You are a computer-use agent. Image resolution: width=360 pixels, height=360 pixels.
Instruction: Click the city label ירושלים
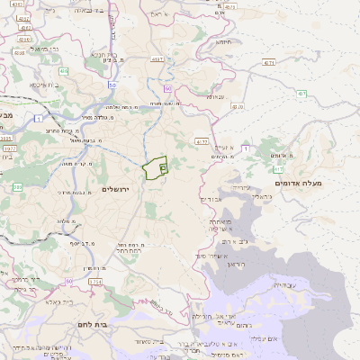tap(116, 189)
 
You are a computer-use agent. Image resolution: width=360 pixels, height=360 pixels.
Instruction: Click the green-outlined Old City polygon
tap(155, 167)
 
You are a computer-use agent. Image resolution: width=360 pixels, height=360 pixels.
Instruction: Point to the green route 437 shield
tap(302, 94)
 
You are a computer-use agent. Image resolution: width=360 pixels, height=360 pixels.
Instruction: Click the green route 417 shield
tap(278, 168)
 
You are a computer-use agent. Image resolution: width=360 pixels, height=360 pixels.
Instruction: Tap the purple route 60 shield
tap(112, 85)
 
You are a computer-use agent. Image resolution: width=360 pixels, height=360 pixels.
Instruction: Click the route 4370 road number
tap(238, 106)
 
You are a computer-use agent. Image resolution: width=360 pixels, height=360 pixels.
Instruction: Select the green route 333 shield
tap(16, 187)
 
